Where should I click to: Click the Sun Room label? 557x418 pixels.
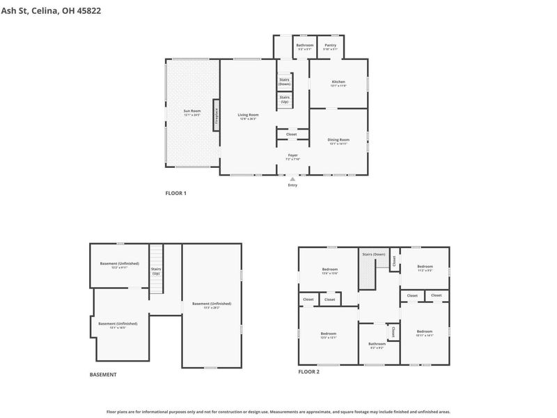point(192,112)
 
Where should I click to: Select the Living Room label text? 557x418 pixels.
point(247,116)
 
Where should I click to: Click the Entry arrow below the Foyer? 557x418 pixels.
point(292,179)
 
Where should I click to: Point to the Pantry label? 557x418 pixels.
point(330,47)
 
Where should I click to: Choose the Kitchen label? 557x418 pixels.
point(338,83)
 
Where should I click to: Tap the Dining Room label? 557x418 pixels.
point(338,141)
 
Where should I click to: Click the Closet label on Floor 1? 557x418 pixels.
point(291,134)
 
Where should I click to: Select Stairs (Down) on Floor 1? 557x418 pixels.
point(284,81)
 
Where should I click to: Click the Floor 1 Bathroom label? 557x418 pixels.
point(305,47)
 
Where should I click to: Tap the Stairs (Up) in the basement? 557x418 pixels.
point(156,270)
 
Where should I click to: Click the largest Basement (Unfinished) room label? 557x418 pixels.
point(212,305)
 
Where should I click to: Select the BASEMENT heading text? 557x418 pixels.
point(103,375)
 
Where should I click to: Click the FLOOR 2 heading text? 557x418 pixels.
point(308,372)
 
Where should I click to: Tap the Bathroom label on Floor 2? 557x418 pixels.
point(377,344)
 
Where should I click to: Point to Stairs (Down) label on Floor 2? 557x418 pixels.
point(373,254)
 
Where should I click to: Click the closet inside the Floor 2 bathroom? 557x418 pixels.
point(393,332)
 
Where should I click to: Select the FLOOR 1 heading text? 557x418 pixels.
point(175,193)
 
